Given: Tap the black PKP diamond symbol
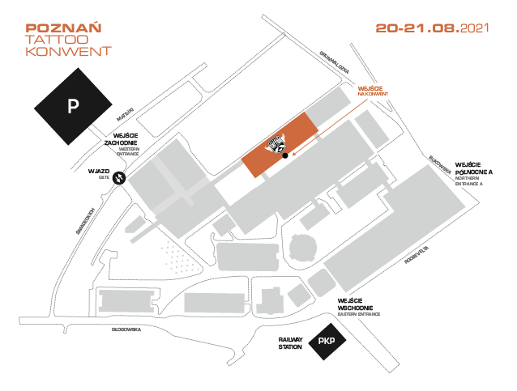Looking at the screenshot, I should point(327,342).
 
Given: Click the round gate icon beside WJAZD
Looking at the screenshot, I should point(119,177).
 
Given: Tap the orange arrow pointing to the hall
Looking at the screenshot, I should point(324,133).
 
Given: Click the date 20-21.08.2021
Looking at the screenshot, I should point(433,28).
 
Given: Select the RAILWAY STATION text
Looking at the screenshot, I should point(290,343).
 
